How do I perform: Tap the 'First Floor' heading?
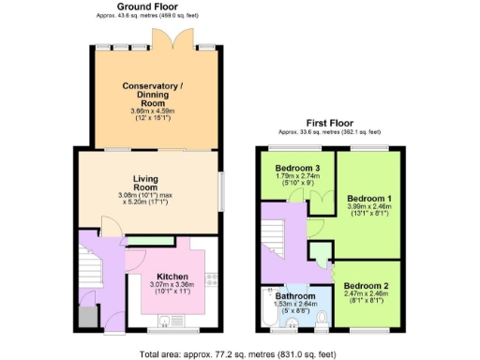[330, 124]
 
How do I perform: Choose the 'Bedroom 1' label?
[369, 199]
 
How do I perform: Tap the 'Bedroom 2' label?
[366, 285]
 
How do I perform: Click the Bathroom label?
[295, 294]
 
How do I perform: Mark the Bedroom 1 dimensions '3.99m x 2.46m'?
[369, 206]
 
